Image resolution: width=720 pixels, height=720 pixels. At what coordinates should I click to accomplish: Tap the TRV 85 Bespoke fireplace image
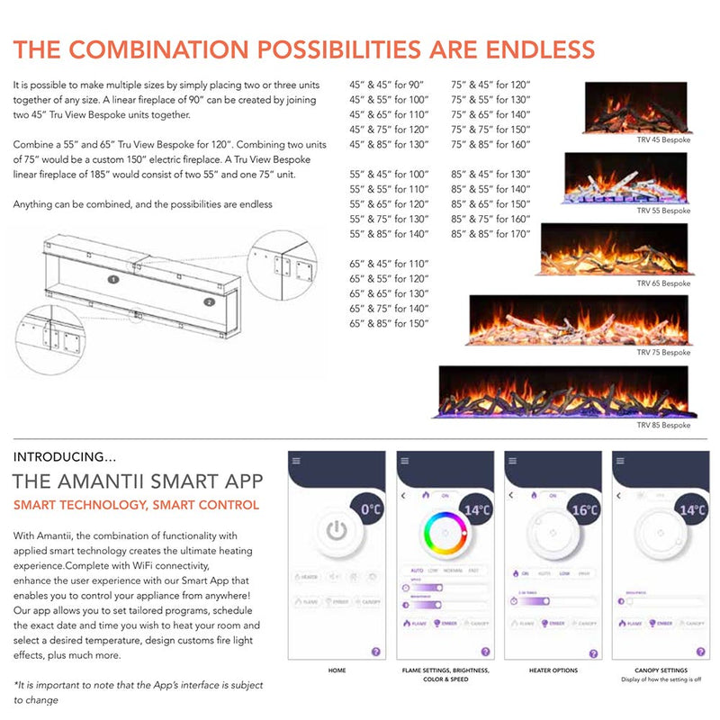564,391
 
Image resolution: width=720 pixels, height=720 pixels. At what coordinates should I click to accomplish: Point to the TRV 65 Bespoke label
663,283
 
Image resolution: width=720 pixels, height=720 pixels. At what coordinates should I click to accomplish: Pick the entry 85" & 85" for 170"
491,234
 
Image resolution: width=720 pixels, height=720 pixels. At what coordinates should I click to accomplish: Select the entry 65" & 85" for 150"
390,323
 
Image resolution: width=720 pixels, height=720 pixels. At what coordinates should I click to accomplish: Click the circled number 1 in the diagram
113,280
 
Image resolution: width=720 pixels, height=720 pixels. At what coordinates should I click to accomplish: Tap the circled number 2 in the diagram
209,302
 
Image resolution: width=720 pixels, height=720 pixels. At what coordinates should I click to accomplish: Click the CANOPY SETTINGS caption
661,670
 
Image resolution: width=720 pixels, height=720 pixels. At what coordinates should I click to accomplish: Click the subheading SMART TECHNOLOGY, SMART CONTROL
136,505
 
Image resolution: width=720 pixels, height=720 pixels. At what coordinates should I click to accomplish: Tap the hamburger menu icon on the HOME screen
295,460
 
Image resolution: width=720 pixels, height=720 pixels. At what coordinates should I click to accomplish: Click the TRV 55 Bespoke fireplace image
627,177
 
